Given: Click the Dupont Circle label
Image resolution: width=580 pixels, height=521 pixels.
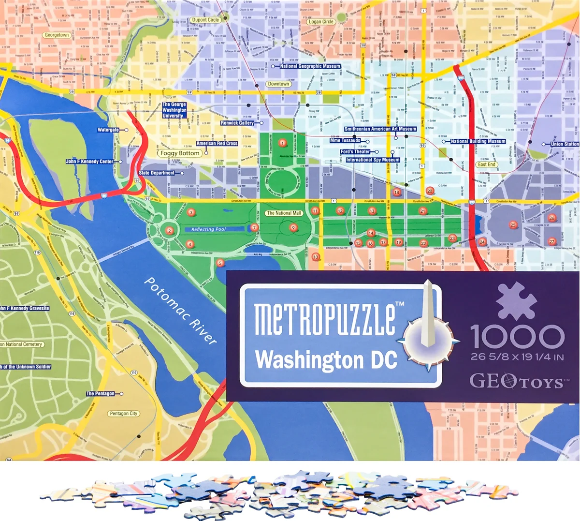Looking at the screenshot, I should click(205, 20).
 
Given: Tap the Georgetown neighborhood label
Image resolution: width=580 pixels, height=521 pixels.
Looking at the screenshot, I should click(57, 35).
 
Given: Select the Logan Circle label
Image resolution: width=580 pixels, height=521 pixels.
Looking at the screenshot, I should click(321, 22).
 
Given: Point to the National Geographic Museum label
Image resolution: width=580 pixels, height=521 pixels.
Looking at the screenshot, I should click(310, 66).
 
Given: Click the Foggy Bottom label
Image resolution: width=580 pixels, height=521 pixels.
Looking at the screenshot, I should click(180, 153).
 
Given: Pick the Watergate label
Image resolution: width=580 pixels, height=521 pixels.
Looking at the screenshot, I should click(108, 130).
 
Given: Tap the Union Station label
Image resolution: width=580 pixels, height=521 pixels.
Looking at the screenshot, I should click(565, 144).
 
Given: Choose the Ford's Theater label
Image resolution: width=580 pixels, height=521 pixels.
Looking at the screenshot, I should click(355, 152).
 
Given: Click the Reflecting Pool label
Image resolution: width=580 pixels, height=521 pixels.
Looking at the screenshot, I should click(208, 229).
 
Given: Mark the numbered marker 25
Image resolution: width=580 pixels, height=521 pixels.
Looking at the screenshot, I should click(513, 225).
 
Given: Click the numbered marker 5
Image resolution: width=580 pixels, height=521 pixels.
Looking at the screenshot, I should click(220, 263).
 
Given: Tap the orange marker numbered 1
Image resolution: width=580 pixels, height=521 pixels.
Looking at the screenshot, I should click(283, 143).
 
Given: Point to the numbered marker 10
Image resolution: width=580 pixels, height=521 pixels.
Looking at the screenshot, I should click(316, 257).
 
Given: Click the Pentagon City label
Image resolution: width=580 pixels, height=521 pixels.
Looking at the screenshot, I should click(123, 414).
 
